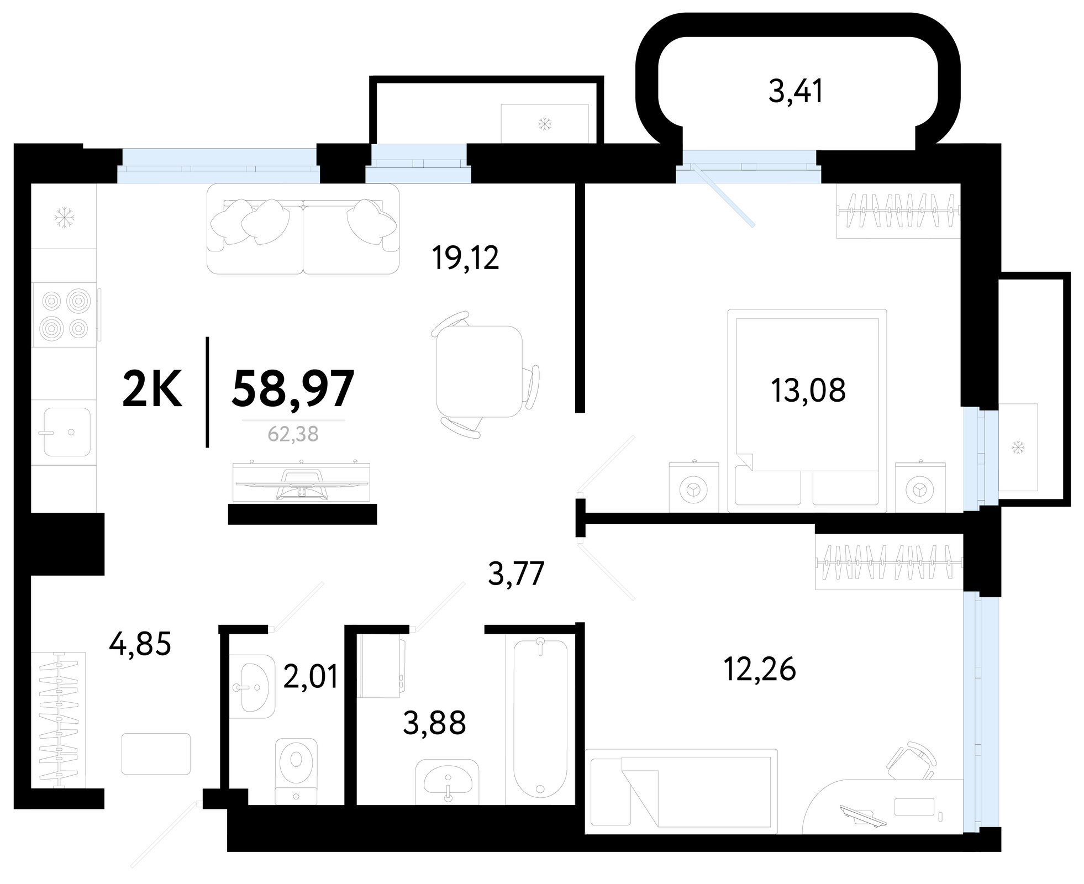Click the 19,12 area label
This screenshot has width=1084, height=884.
[466, 258]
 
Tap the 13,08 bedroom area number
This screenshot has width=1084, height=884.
[808, 390]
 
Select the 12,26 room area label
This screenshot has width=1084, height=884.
[760, 669]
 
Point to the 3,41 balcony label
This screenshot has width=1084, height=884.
[796, 91]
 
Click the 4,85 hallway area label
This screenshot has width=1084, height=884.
[140, 644]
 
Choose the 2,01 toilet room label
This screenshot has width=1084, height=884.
[311, 676]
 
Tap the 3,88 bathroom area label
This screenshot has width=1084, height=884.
[434, 723]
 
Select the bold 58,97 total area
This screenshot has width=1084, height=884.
[293, 389]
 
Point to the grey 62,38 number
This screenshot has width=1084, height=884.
[293, 434]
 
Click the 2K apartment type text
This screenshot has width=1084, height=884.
[152, 389]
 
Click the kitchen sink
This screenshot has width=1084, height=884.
[67, 432]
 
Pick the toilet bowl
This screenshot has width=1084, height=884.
[297, 771]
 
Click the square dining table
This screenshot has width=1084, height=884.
[479, 371]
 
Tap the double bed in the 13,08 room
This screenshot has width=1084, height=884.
[807, 410]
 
